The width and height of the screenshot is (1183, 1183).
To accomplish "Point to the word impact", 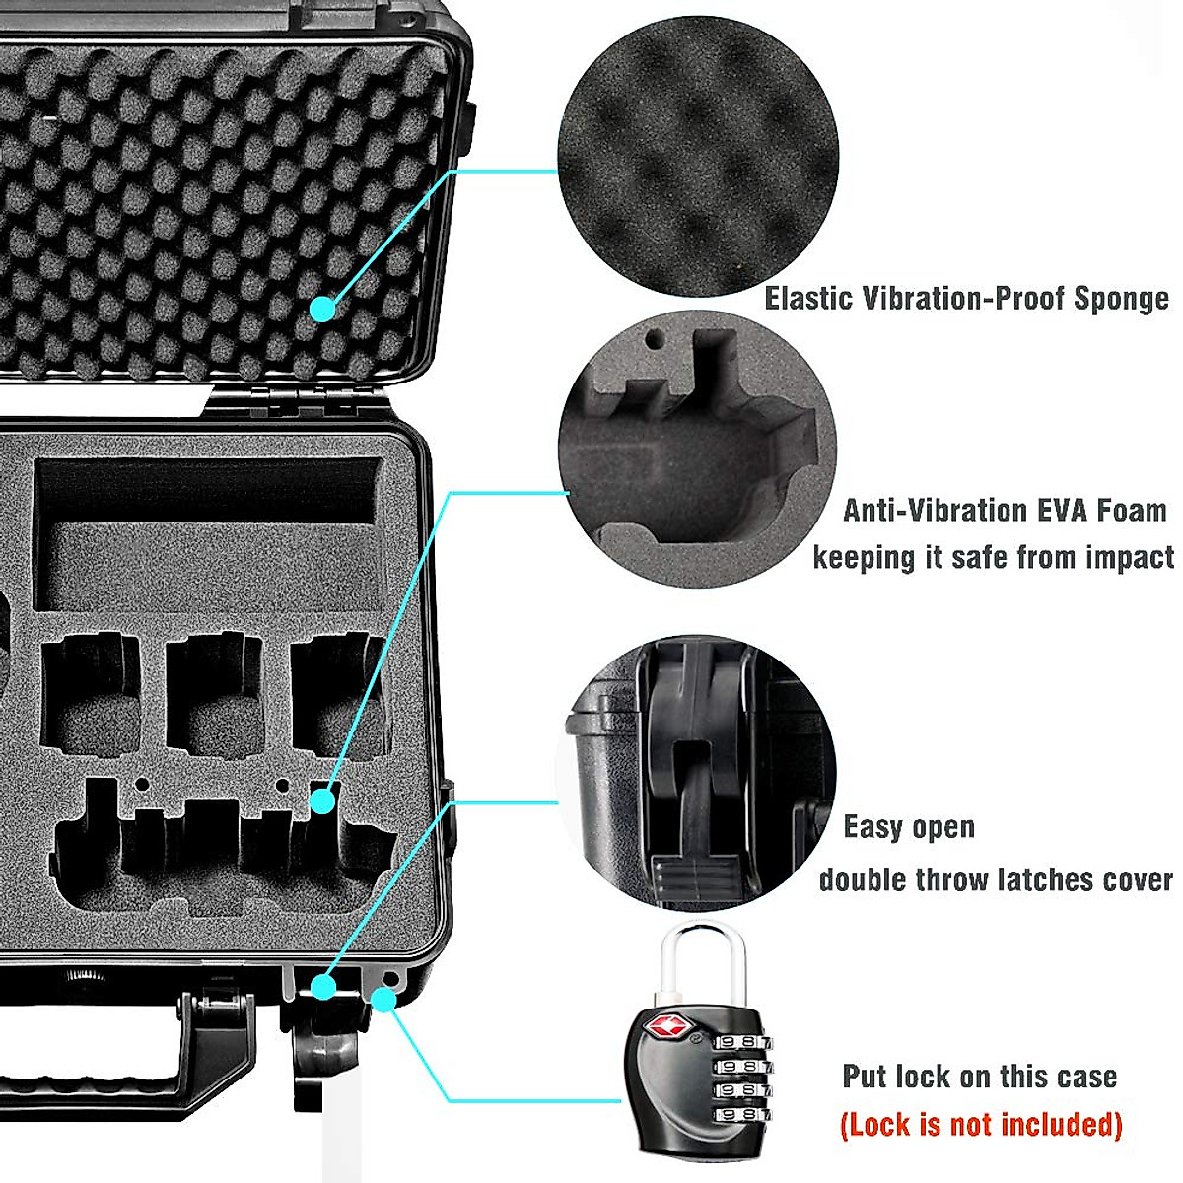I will tap(1130, 557).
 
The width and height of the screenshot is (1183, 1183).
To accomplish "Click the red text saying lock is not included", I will tap(981, 1124).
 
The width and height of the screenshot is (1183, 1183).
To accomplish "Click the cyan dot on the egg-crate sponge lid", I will tap(322, 310).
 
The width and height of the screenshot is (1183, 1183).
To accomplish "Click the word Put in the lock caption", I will tap(865, 1076).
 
